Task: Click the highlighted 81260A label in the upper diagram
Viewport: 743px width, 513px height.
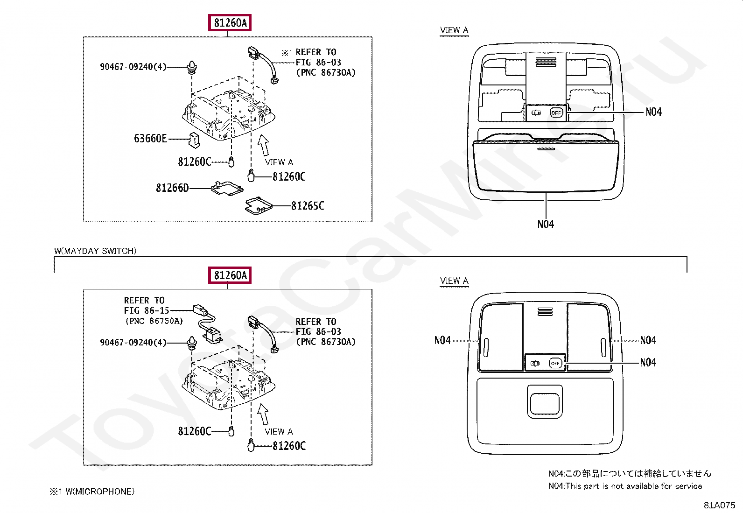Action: [230, 23]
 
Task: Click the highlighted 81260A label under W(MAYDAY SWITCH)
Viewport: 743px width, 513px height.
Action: [230, 275]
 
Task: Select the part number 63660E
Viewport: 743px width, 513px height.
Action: [150, 139]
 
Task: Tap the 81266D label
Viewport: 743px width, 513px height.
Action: [172, 188]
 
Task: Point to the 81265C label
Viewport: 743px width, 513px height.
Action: [308, 206]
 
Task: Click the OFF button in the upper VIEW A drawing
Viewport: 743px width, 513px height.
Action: [556, 112]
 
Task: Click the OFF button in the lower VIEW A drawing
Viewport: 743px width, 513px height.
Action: [555, 363]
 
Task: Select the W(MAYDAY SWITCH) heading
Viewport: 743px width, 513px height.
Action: [96, 251]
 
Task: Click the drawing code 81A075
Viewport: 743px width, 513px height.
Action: [719, 505]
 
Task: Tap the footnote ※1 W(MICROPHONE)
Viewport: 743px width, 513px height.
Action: [92, 492]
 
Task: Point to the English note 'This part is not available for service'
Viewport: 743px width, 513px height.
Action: [633, 486]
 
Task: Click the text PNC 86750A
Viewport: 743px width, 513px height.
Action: [154, 321]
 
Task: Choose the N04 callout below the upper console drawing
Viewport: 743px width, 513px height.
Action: [546, 225]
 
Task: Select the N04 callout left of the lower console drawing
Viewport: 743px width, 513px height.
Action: [442, 340]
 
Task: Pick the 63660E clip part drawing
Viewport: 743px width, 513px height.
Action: [194, 139]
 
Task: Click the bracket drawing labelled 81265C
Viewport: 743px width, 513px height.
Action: [258, 205]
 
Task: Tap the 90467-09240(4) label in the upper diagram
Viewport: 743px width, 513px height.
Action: [133, 67]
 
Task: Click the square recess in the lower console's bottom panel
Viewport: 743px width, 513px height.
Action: [545, 401]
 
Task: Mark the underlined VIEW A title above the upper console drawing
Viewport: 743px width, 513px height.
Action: [454, 30]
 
